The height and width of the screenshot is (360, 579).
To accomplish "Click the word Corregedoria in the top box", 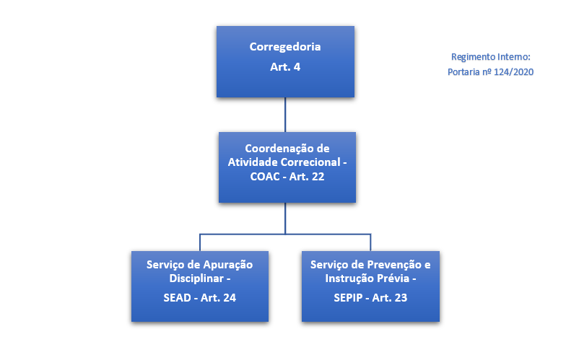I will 285,47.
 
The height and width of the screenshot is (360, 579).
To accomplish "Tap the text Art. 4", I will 285,67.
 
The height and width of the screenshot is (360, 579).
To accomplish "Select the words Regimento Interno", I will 489,56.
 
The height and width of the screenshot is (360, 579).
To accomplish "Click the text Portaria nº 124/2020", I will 490,72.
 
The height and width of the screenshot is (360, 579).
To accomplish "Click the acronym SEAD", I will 176,297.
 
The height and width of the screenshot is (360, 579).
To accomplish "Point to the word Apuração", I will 227,265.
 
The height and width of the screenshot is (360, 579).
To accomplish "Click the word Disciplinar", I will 195,278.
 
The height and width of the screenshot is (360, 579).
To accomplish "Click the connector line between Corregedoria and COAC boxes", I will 286,114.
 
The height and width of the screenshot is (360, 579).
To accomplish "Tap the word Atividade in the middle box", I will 251,162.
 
